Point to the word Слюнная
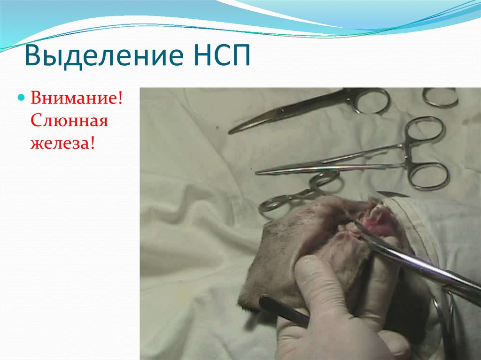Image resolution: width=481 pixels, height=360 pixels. pyautogui.click(x=70, y=121)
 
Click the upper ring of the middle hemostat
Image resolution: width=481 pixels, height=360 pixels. pyautogui.click(x=425, y=130)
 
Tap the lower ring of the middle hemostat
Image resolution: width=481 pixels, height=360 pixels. pyautogui.click(x=428, y=176)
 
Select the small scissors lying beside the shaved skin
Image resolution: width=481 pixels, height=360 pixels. pyautogui.click(x=301, y=192)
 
